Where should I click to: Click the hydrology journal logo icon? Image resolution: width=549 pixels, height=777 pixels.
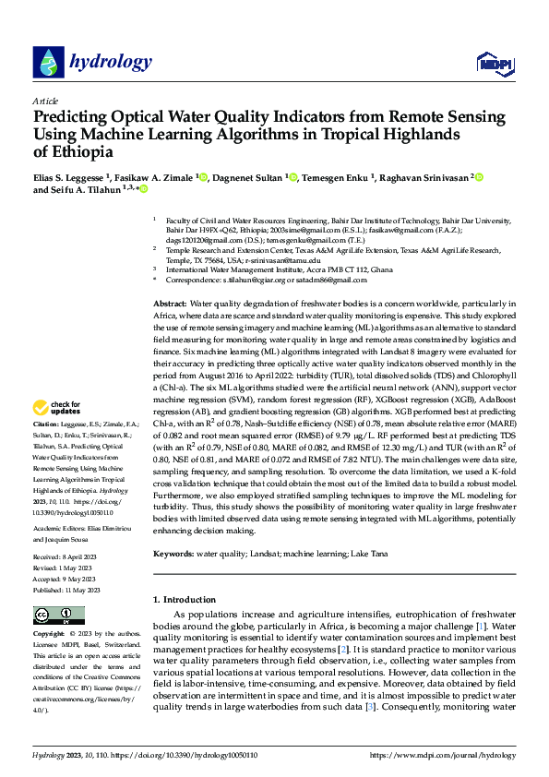pyautogui.click(x=47, y=62)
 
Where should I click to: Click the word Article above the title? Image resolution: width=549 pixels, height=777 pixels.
pyautogui.click(x=45, y=101)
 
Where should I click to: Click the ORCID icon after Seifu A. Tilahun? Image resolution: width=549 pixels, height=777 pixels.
pyautogui.click(x=144, y=189)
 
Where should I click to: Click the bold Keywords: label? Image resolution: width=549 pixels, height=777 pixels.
pyautogui.click(x=173, y=554)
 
